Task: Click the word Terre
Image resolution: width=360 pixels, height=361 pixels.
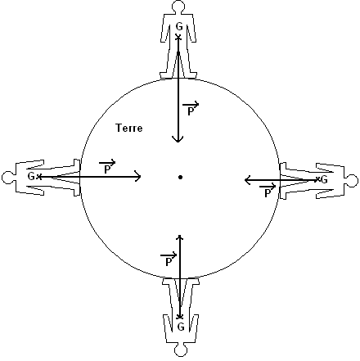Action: tap(129, 128)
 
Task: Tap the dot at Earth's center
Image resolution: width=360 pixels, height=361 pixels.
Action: tap(180, 178)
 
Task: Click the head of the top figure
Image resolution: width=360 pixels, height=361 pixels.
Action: tap(178, 6)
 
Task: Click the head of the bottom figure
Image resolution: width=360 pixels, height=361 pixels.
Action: tap(181, 350)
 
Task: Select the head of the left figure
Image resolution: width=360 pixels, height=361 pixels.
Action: tap(7, 178)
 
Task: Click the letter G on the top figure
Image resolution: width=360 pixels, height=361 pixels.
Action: tap(179, 27)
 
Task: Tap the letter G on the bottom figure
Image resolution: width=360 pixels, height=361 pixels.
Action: tap(181, 327)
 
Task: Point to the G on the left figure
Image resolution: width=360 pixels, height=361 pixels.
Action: tap(31, 177)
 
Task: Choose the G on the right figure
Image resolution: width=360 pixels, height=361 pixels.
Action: tap(324, 180)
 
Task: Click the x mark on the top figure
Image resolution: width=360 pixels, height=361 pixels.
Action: tap(178, 37)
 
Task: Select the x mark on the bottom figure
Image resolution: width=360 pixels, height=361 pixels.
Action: tap(180, 317)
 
